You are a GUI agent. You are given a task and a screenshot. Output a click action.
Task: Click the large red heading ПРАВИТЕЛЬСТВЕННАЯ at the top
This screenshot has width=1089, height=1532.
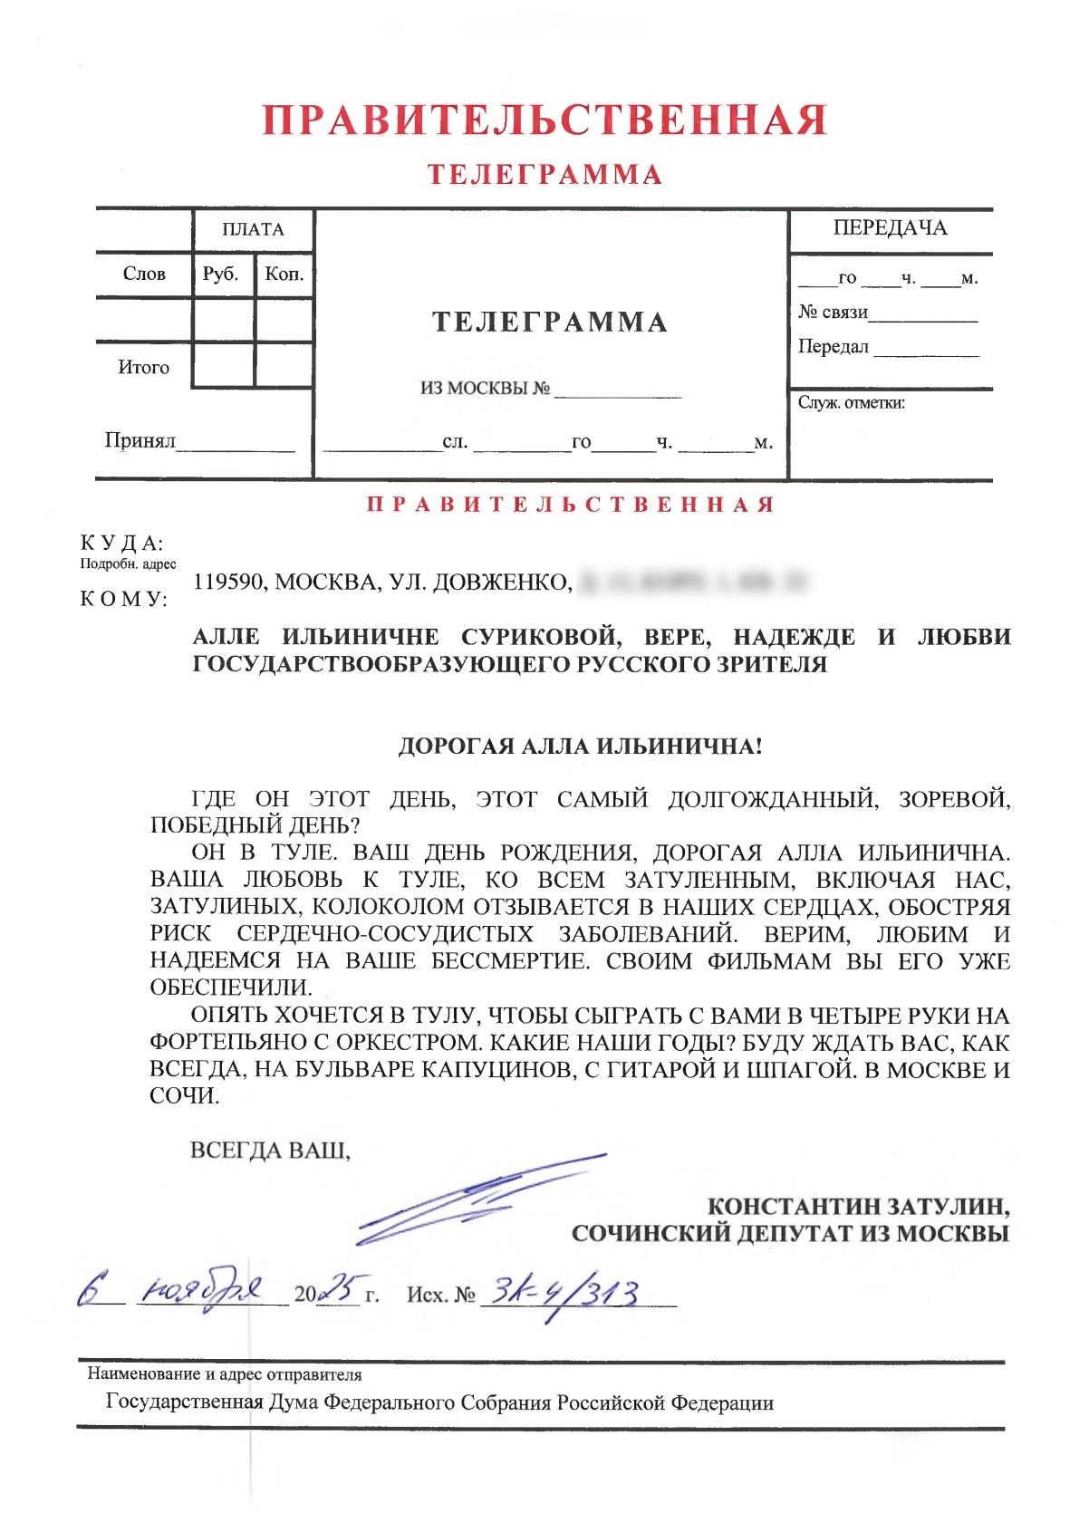coord(544,120)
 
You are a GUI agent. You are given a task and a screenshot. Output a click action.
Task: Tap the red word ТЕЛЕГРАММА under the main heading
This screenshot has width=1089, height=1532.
coord(544,175)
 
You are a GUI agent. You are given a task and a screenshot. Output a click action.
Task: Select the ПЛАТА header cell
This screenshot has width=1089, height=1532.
coord(253,230)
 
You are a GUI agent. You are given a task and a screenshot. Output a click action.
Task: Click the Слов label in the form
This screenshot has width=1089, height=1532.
coord(144,274)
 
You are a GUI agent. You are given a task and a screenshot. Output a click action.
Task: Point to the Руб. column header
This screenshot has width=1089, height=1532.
coord(221,274)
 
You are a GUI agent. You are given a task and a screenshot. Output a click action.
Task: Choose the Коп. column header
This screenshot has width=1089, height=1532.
coord(284,274)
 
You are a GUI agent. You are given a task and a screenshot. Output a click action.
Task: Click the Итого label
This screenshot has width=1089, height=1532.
coord(143,367)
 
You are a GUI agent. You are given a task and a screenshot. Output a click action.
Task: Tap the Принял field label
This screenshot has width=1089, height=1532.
coord(140,440)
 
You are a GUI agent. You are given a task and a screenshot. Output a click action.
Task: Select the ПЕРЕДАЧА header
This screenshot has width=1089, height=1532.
coord(890,228)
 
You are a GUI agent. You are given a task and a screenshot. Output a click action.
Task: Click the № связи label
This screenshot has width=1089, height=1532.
coord(833,313)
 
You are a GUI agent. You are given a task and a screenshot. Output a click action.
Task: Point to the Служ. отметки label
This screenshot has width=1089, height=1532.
coord(851,403)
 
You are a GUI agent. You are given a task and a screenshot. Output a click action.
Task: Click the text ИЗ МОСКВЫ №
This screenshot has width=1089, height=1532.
coord(485,389)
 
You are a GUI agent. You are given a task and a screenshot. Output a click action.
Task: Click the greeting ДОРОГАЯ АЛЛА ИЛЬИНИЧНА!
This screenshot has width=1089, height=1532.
coord(580,747)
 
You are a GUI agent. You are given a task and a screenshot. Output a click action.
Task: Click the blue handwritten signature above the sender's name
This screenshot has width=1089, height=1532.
coord(480,1196)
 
